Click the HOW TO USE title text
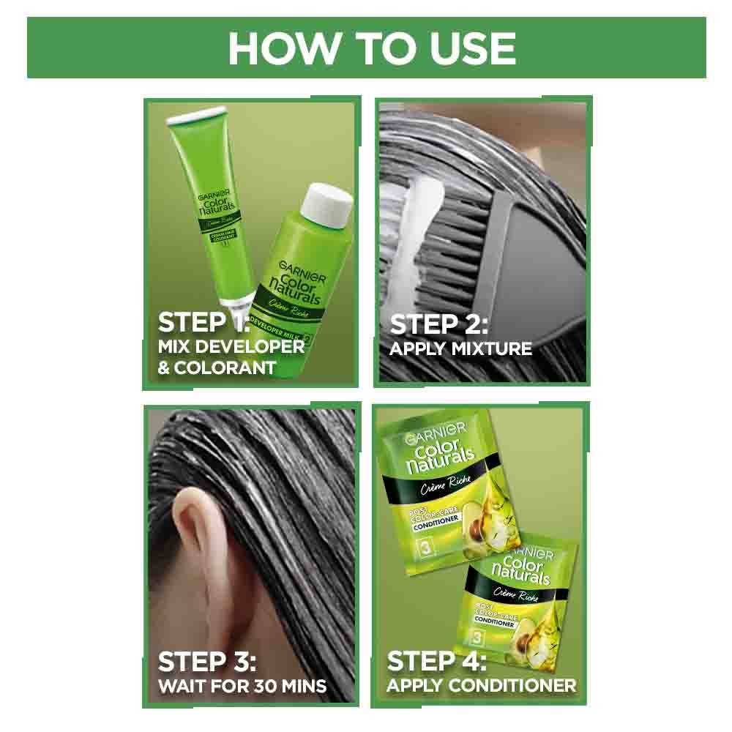[x=371, y=48]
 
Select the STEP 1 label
[x=203, y=323]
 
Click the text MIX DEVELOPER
[x=231, y=346]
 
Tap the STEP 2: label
[x=438, y=324]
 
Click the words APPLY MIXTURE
[x=460, y=348]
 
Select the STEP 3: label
[x=207, y=662]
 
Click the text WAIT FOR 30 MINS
[x=242, y=687]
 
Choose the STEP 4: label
[x=436, y=662]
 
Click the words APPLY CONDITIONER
[x=481, y=686]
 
